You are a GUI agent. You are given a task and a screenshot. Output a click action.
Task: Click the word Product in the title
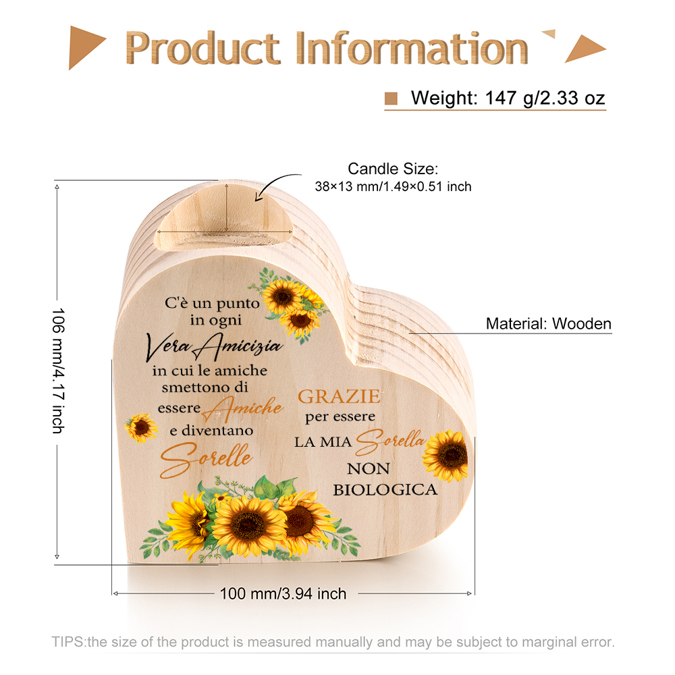tap(202, 48)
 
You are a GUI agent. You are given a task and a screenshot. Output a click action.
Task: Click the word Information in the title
tap(412, 48)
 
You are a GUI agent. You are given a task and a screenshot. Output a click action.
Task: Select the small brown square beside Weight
tap(391, 99)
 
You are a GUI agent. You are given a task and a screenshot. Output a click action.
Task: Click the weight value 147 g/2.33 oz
tap(545, 98)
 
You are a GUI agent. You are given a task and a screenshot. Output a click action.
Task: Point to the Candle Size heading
tap(393, 169)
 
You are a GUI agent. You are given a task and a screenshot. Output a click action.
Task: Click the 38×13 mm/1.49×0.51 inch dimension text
tap(393, 186)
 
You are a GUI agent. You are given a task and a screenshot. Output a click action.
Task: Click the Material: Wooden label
tap(548, 324)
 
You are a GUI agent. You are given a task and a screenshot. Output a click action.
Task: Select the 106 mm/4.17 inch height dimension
tap(58, 370)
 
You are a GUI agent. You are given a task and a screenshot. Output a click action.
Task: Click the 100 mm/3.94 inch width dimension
tap(283, 593)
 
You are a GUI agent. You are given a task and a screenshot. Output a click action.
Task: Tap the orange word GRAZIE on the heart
tap(340, 396)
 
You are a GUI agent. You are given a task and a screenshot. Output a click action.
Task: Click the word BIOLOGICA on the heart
tap(385, 490)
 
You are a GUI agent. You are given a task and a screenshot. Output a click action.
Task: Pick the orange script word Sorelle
tap(206, 459)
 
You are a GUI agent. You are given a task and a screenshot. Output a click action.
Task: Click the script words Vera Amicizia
tap(214, 346)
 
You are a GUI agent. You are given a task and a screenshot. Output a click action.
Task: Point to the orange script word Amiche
tap(242, 408)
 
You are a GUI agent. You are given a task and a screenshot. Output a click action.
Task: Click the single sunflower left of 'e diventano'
tap(141, 428)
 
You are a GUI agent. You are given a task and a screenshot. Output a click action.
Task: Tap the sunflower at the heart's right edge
tap(446, 456)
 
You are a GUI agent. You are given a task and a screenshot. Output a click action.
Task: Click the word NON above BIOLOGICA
tap(369, 468)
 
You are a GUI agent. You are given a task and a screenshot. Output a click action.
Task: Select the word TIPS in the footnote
tap(67, 642)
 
